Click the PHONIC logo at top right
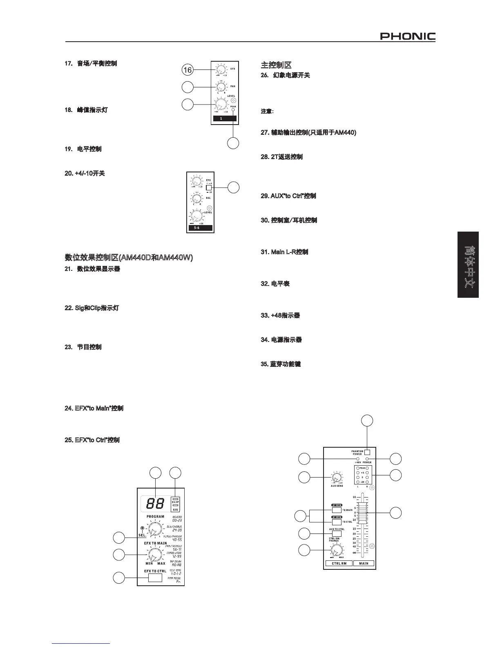[x=408, y=37]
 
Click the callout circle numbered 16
[x=187, y=70]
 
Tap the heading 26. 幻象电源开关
[x=286, y=76]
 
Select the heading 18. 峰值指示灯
[x=86, y=110]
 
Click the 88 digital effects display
[x=155, y=504]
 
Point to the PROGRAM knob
[x=155, y=530]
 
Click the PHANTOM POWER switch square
[x=367, y=452]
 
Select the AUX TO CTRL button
[x=337, y=533]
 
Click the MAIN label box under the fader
[x=364, y=563]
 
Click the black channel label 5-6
[x=200, y=228]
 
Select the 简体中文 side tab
[x=468, y=265]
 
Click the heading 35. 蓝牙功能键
[x=280, y=364]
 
